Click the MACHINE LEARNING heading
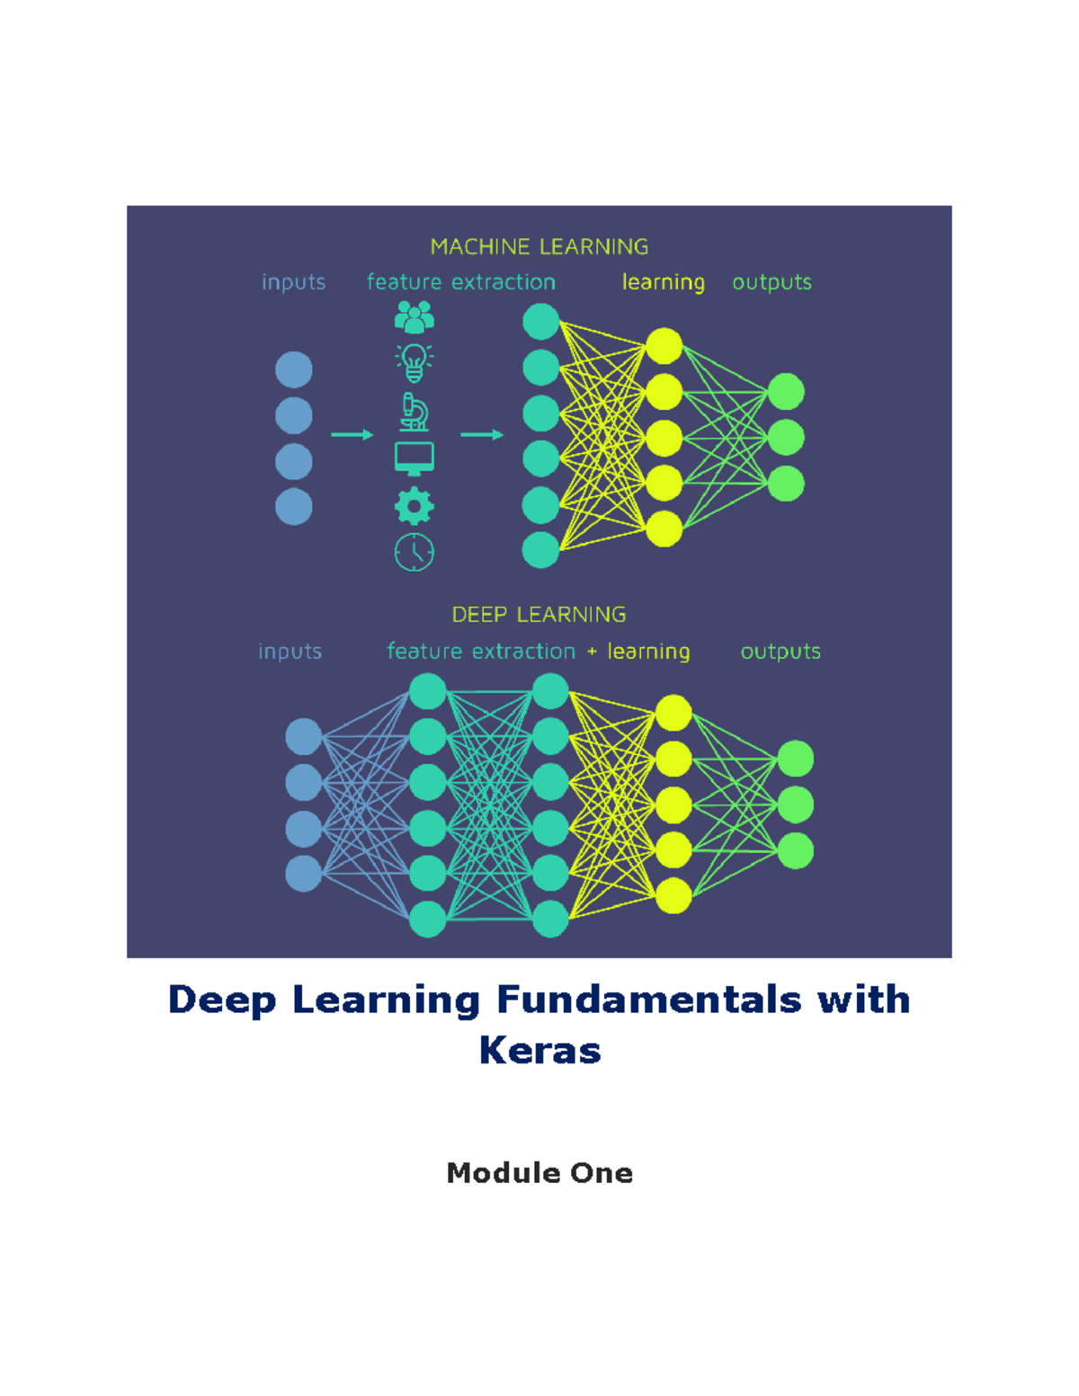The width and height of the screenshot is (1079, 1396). tap(539, 246)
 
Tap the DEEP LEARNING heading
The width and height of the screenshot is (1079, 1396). tap(539, 615)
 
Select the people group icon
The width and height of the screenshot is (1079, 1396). tap(414, 317)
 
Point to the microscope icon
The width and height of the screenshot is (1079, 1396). tap(414, 412)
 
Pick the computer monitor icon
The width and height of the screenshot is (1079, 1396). tap(414, 459)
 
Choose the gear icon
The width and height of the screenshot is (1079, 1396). tap(414, 506)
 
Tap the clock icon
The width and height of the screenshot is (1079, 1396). tap(414, 553)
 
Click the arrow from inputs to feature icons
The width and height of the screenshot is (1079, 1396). tap(352, 435)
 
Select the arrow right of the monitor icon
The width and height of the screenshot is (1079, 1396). tap(482, 435)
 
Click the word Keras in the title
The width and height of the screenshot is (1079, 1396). tap(539, 1052)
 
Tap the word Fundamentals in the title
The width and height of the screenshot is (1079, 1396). tap(648, 1000)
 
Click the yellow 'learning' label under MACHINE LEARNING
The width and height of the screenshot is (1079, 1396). tap(664, 282)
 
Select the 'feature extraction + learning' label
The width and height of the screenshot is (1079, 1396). tap(539, 652)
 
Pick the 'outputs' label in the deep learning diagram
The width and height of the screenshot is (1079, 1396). tap(780, 652)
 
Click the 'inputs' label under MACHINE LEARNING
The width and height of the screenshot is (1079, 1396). tap(293, 282)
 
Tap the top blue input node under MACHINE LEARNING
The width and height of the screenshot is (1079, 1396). tap(294, 369)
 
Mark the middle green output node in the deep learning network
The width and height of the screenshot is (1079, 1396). tap(796, 805)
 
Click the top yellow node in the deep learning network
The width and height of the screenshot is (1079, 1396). tap(673, 713)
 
